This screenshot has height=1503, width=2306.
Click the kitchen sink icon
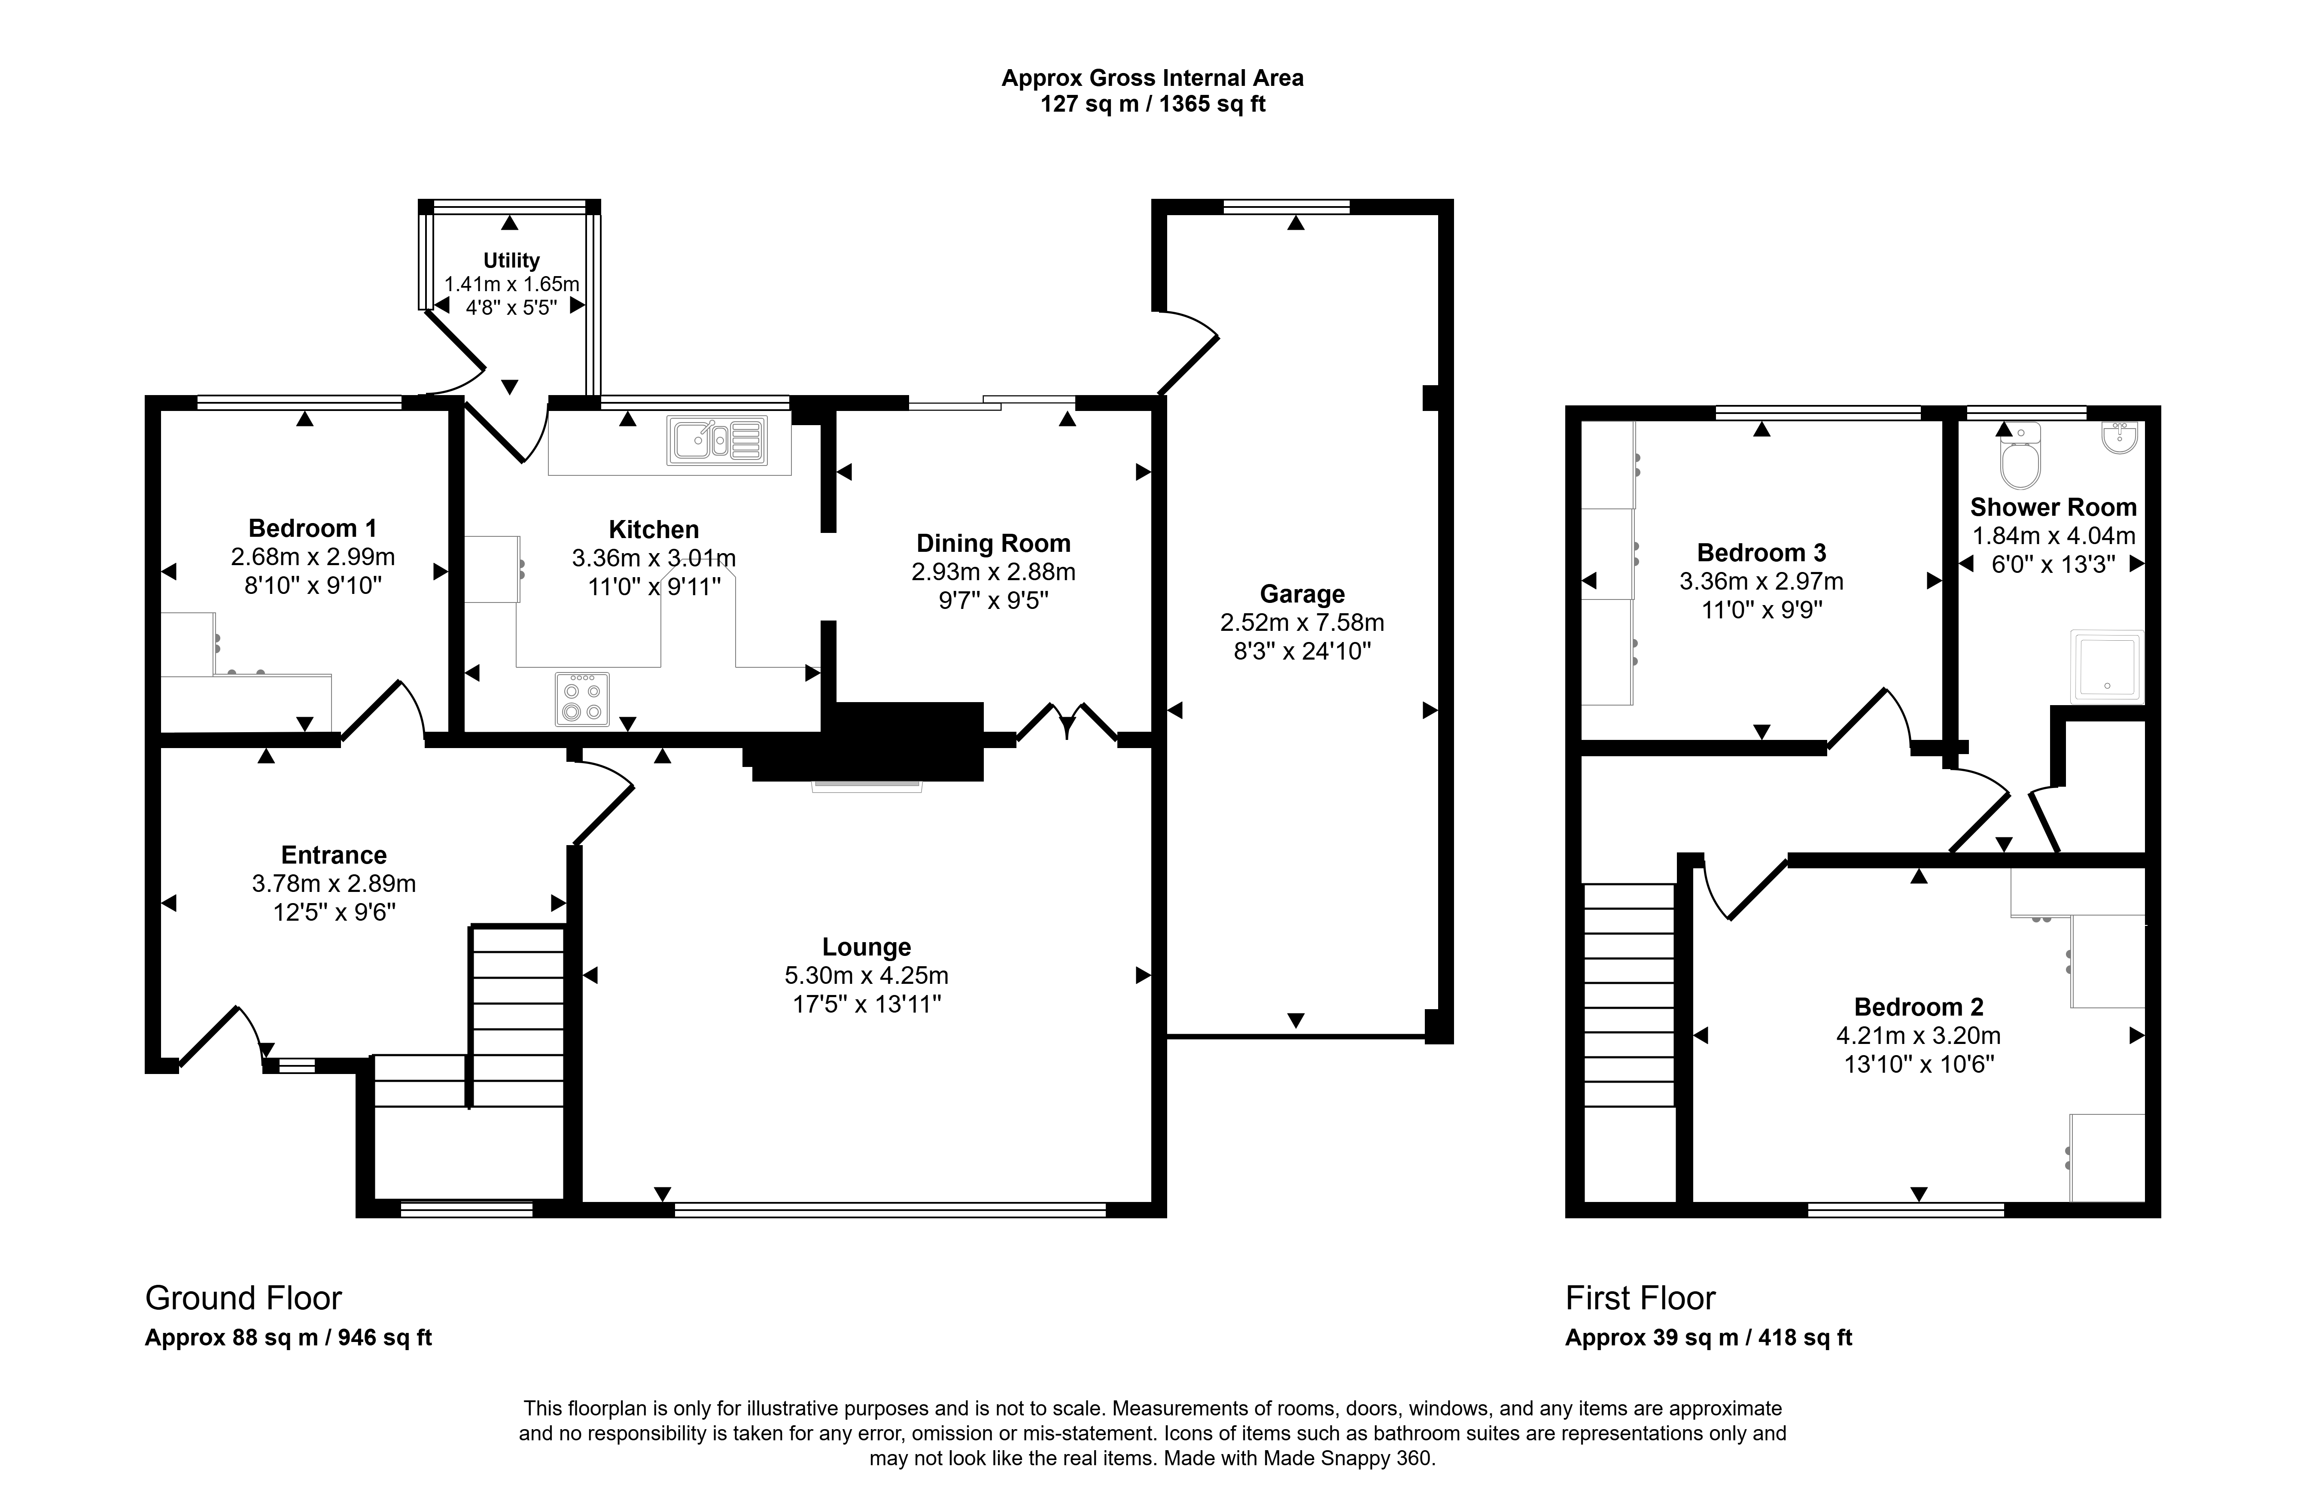[x=717, y=440]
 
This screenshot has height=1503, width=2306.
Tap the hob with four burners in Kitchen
[x=582, y=699]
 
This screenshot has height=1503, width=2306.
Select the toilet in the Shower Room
[x=2020, y=456]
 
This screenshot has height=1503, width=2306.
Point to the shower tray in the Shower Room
[x=2106, y=667]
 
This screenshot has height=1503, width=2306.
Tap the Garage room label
[x=1302, y=594]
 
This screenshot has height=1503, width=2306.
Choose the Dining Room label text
[x=993, y=544]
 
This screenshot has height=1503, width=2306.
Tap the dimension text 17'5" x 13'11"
[x=867, y=1004]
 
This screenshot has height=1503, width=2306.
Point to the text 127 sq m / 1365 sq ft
[x=1153, y=103]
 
